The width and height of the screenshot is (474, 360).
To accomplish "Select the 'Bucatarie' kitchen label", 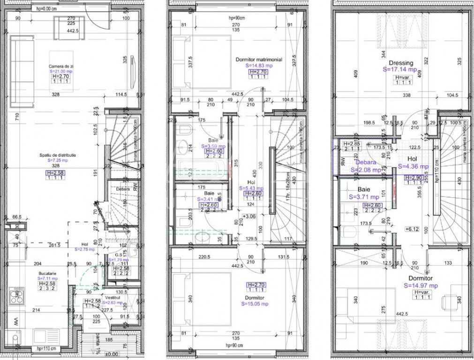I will coord(47,272).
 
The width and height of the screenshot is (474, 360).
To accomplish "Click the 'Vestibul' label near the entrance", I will coord(114,297).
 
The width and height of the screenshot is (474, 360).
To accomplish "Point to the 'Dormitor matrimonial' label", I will coord(258,60).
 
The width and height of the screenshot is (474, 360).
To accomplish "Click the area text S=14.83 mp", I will coord(259,66).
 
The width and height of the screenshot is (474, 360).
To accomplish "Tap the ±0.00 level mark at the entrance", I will coord(111,354).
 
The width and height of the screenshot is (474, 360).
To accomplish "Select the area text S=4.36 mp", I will coord(413,166).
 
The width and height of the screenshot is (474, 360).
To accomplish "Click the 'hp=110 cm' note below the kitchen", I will coord(45,348).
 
